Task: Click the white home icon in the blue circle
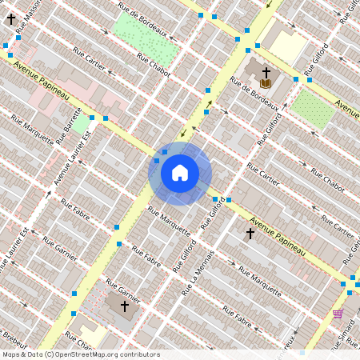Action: coord(180,173)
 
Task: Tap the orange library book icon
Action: coord(266,83)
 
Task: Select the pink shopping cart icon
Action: coord(338,314)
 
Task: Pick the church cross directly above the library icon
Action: coord(266,72)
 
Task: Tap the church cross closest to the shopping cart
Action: coord(250,234)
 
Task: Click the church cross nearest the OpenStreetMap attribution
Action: coord(124,306)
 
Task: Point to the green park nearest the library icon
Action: coord(312,109)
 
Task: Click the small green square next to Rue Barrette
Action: coord(82,122)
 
